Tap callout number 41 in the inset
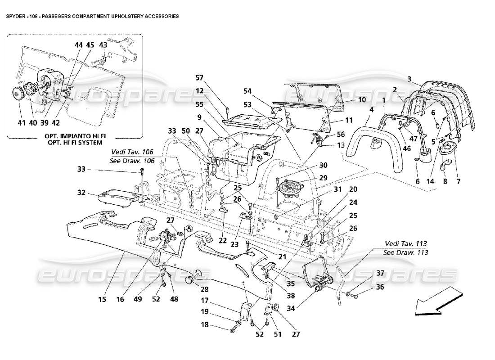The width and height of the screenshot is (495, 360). [x=21, y=122]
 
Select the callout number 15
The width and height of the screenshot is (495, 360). [x=103, y=299]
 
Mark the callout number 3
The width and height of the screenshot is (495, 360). [x=409, y=79]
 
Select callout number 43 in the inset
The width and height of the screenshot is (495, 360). [x=103, y=45]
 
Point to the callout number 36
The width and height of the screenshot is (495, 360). [x=380, y=287]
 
